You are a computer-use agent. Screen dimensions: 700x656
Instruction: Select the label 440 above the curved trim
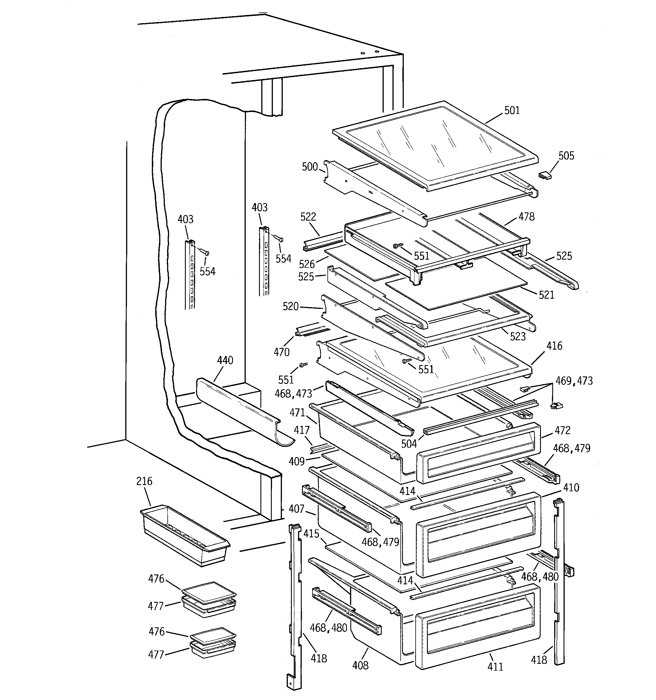[x=225, y=360]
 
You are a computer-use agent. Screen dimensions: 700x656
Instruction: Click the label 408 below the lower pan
[x=360, y=665]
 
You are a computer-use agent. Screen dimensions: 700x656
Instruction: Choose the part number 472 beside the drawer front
[x=562, y=430]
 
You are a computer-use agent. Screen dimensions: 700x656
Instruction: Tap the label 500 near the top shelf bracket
[x=310, y=167]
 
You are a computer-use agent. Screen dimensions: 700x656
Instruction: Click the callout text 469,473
[x=574, y=381]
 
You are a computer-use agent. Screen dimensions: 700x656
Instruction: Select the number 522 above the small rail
[x=308, y=217]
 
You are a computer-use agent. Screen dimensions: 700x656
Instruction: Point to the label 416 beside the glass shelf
[x=554, y=346]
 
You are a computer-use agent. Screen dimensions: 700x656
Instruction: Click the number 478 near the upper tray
[x=526, y=217]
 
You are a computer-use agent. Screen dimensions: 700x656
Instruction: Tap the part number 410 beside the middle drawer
[x=571, y=488]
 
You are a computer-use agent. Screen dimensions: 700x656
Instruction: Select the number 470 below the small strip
[x=281, y=352]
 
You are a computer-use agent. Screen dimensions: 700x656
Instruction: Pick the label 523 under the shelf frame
[x=518, y=336]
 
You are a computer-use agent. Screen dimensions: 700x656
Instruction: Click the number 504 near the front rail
[x=409, y=444]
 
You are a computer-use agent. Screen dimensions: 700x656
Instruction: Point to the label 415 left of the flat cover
[x=311, y=534]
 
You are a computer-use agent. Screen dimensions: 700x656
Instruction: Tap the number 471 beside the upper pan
[x=297, y=412]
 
